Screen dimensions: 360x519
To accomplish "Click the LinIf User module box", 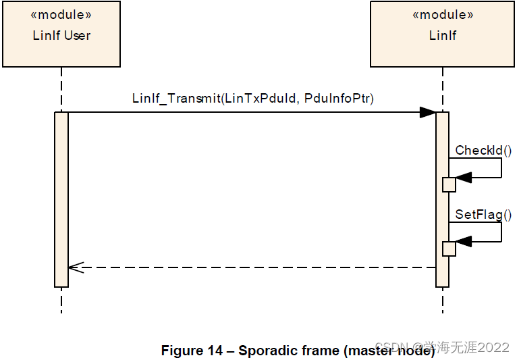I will click(x=61, y=35).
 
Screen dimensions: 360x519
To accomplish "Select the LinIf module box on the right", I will click(x=443, y=35).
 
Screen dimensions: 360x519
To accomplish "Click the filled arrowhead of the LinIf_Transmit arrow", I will click(x=427, y=112).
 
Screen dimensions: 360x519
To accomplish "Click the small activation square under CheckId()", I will click(x=449, y=184).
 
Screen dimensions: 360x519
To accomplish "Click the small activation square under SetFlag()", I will click(x=449, y=249).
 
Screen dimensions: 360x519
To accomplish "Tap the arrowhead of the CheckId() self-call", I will click(x=464, y=178).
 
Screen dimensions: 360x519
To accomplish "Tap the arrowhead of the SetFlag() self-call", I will click(x=464, y=242).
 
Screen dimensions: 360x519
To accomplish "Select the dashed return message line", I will click(x=256, y=267).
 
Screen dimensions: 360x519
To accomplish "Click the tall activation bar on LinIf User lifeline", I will click(x=61, y=199).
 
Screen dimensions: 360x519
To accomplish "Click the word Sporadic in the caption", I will click(x=265, y=351).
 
